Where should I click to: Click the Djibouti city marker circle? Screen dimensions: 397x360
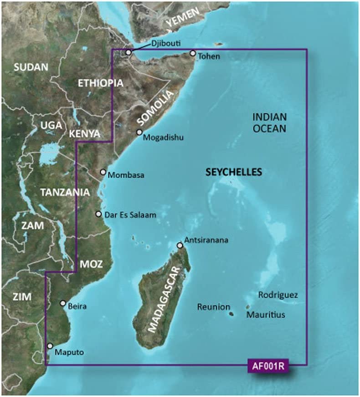[x=129, y=53]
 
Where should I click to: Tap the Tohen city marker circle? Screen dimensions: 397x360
[x=193, y=54]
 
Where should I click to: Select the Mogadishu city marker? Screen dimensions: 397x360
[x=140, y=132]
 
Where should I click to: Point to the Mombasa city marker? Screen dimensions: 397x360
[x=103, y=173]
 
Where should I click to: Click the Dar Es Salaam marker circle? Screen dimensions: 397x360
[x=98, y=214]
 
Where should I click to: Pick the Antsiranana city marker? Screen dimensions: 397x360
[x=180, y=245]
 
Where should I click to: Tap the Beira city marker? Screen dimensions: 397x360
[x=63, y=303]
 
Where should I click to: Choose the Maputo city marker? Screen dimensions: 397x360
[x=50, y=346]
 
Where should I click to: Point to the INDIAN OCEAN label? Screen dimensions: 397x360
[x=269, y=123]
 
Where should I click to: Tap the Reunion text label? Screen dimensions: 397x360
[x=213, y=307]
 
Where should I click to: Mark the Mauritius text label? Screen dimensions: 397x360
[x=266, y=315]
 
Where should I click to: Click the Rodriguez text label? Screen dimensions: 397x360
[x=278, y=295]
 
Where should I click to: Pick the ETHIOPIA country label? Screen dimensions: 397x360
[x=100, y=83]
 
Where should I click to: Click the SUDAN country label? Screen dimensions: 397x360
[x=31, y=67]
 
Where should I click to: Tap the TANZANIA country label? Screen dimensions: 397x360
[x=65, y=192]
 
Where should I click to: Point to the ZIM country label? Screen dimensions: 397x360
[x=22, y=297]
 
